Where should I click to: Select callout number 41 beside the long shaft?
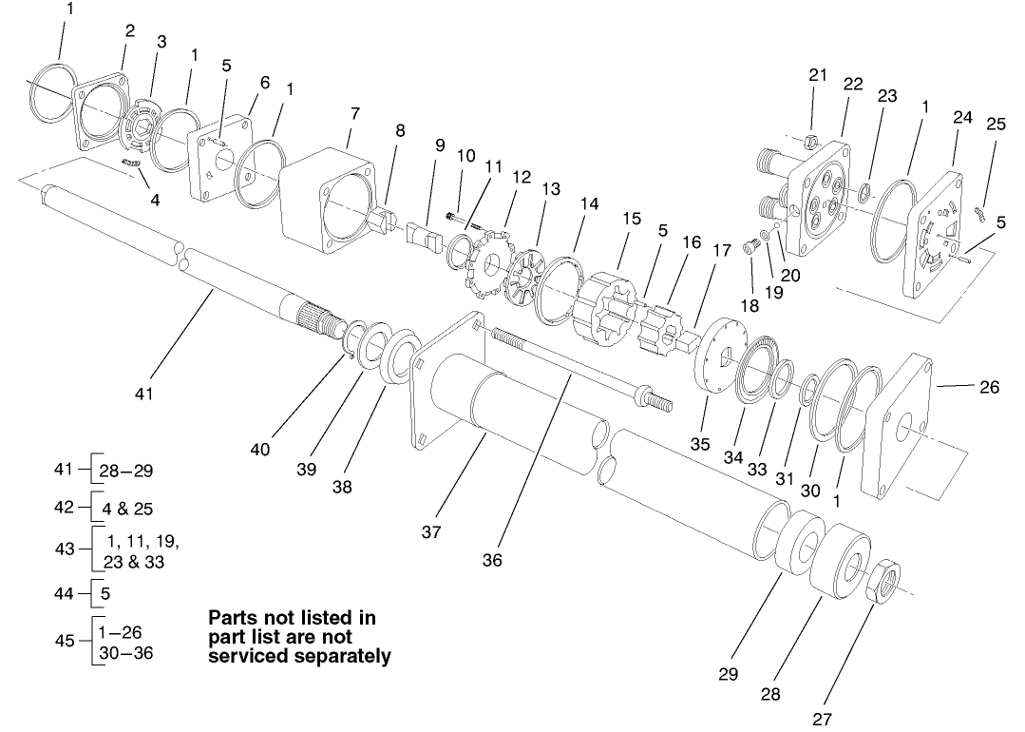coord(143,392)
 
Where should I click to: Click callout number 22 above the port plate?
coord(852,84)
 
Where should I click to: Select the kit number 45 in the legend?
coord(65,640)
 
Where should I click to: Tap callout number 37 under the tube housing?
coord(430,532)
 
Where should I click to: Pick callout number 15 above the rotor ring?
coord(632,219)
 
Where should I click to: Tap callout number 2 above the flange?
coord(129,31)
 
